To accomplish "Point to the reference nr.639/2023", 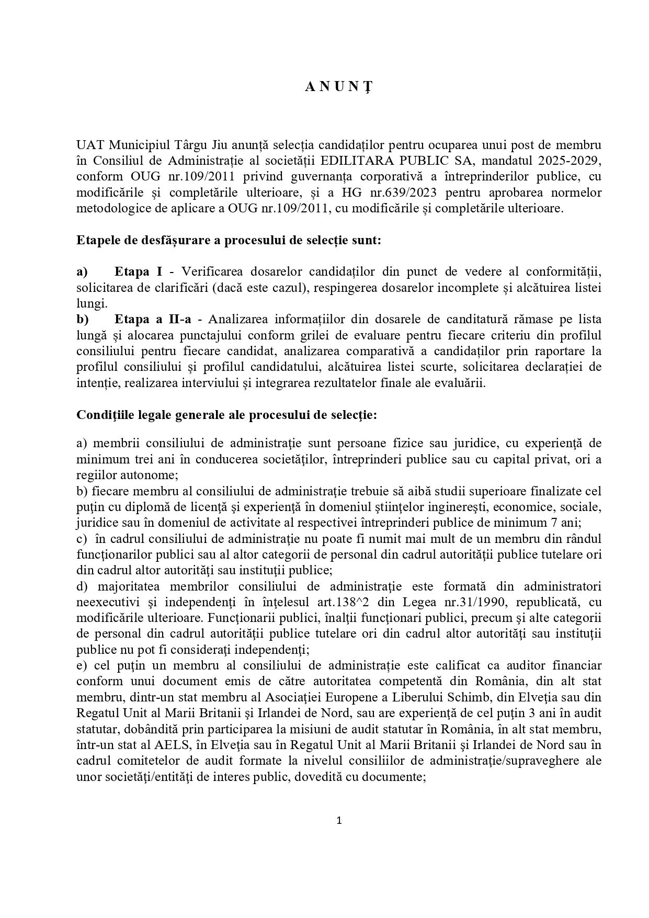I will click(395, 192).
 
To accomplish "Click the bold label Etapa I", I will click(138, 271).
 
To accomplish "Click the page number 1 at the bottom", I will click(338, 821).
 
